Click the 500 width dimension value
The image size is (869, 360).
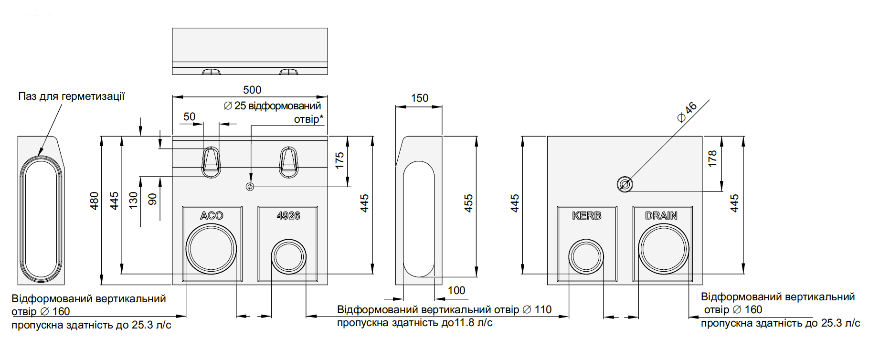pyautogui.click(x=252, y=90)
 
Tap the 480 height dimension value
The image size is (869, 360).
pyautogui.click(x=95, y=201)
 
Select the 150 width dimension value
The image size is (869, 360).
pyautogui.click(x=420, y=98)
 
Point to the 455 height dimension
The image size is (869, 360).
pyautogui.click(x=468, y=203)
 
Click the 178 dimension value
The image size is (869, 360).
pyautogui.click(x=712, y=159)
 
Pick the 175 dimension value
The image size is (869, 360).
pyautogui.click(x=339, y=160)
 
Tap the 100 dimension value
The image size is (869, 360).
pyautogui.click(x=456, y=290)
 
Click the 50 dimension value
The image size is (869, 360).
pyautogui.click(x=190, y=116)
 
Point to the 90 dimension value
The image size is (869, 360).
pyautogui.click(x=152, y=199)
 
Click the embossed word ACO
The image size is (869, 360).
pyautogui.click(x=212, y=216)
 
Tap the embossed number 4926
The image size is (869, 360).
pyautogui.click(x=288, y=216)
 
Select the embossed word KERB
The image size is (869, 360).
pyautogui.click(x=587, y=216)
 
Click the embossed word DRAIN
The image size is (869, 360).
pyautogui.click(x=661, y=216)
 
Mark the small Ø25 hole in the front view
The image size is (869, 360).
pyautogui.click(x=250, y=187)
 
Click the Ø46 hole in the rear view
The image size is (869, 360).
pyautogui.click(x=625, y=184)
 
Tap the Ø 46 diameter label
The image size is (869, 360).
pyautogui.click(x=688, y=112)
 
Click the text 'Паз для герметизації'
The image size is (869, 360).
pyautogui.click(x=71, y=96)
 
